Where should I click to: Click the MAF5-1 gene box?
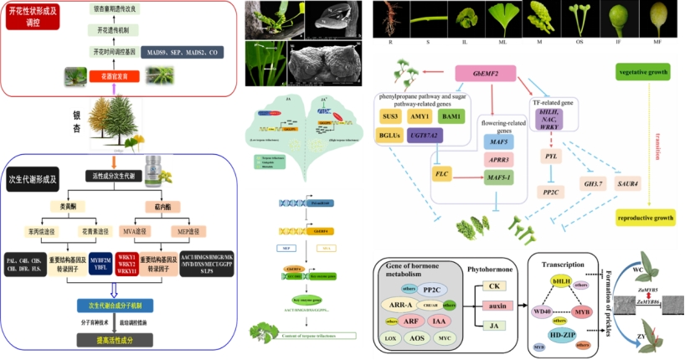point(497,177)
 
